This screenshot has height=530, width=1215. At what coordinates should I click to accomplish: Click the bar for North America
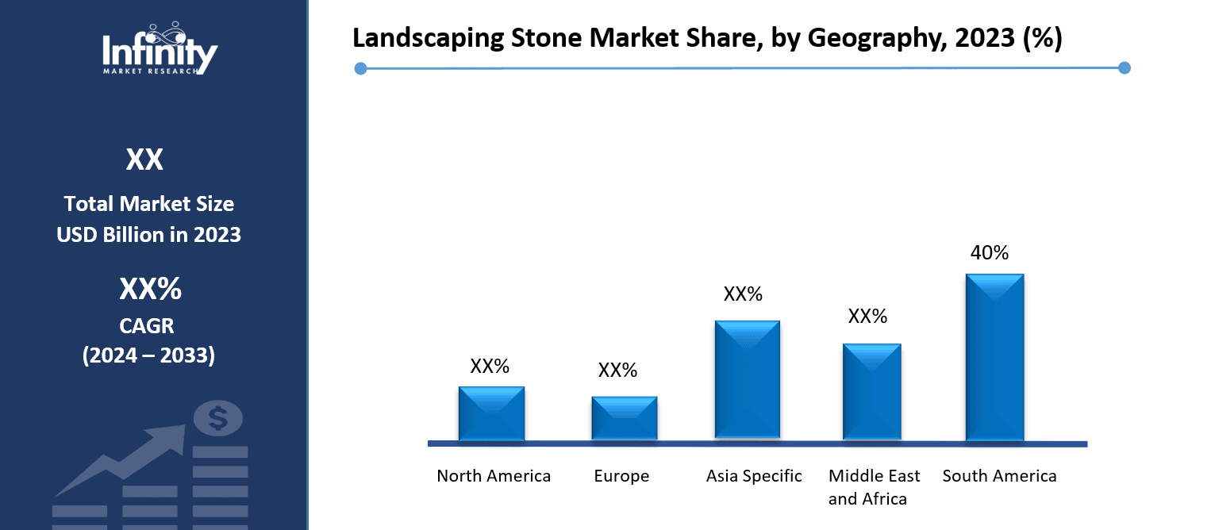pyautogui.click(x=491, y=413)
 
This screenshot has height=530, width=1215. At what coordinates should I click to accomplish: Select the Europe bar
pyautogui.click(x=624, y=418)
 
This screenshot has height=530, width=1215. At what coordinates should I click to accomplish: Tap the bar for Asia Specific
pyautogui.click(x=747, y=379)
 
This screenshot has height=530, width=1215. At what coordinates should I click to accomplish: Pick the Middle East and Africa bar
pyautogui.click(x=871, y=391)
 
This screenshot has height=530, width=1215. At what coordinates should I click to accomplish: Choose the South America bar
pyautogui.click(x=994, y=357)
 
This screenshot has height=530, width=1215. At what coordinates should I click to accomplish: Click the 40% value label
pyautogui.click(x=990, y=253)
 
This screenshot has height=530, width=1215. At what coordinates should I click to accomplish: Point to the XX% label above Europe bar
pyautogui.click(x=617, y=371)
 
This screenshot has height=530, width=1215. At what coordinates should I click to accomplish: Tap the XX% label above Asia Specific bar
pyautogui.click(x=743, y=294)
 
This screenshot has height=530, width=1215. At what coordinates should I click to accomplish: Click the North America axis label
pyautogui.click(x=494, y=476)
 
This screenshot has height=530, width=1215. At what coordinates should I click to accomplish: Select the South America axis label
pyautogui.click(x=999, y=476)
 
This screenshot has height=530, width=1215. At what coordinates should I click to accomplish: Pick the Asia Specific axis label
pyautogui.click(x=754, y=476)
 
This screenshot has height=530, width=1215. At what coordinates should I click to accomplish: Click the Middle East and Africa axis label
pyautogui.click(x=874, y=487)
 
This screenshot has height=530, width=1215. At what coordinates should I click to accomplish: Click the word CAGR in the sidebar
pyautogui.click(x=148, y=325)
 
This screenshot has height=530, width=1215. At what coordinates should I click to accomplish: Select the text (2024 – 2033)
pyautogui.click(x=148, y=355)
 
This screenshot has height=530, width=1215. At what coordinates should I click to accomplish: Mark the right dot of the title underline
pyautogui.click(x=1124, y=68)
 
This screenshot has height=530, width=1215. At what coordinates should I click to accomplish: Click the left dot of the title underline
pyautogui.click(x=360, y=69)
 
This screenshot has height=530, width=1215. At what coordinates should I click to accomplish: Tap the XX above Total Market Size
pyautogui.click(x=144, y=160)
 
